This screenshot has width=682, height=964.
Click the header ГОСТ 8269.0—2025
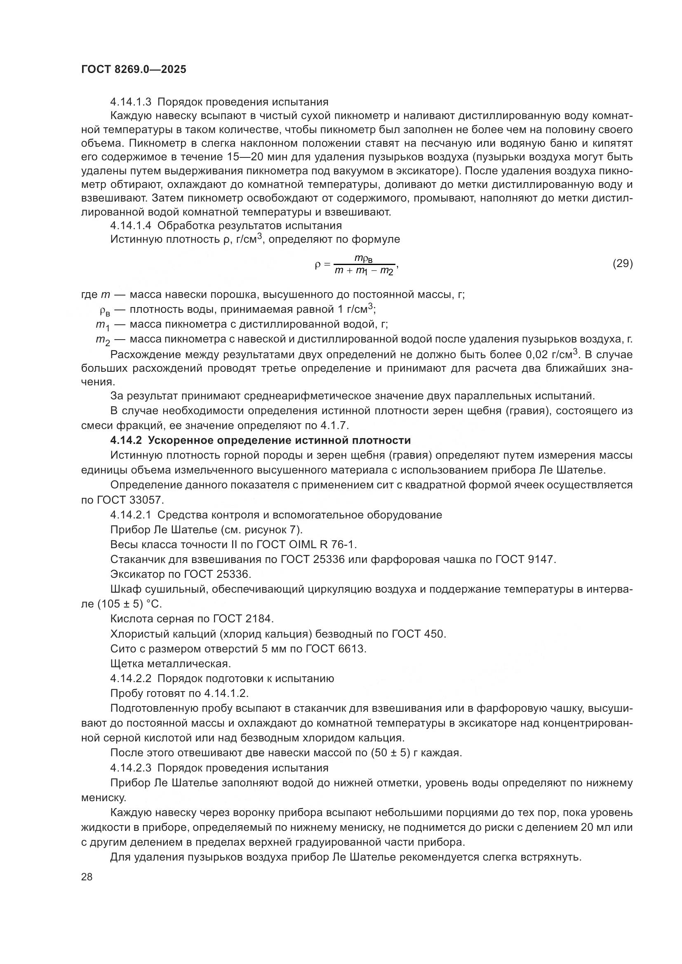[134, 70]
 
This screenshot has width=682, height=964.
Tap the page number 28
[87, 877]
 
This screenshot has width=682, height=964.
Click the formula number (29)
[622, 263]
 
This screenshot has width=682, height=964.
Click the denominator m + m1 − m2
[364, 271]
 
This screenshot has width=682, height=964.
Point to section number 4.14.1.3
[131, 102]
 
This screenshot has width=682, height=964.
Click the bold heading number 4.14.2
[127, 441]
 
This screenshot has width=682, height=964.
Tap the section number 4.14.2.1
[131, 515]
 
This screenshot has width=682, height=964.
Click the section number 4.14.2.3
[131, 768]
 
